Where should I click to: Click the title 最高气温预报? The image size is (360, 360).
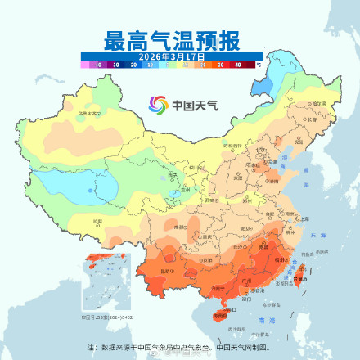click(x=171, y=40)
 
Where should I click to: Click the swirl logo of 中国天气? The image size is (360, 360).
click(x=156, y=105)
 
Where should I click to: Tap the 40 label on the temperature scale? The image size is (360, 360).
click(x=237, y=63)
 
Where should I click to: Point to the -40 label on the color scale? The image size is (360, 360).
click(x=97, y=63)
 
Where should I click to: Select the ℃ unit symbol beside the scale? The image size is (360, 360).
click(x=258, y=63)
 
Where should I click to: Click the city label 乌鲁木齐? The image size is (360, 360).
click(x=88, y=115)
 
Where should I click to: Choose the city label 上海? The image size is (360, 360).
click(x=304, y=219)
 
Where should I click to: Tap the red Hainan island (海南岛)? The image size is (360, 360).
click(x=218, y=316)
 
